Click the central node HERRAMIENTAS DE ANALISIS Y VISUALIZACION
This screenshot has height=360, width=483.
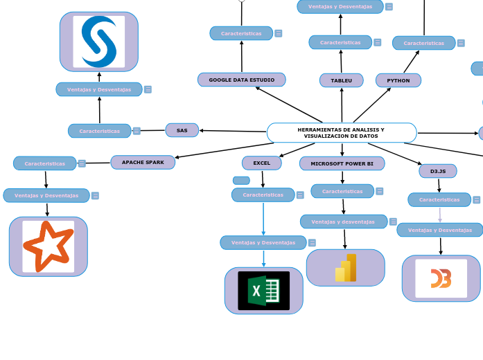click(341, 133)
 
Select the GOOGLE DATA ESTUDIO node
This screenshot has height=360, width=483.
click(241, 80)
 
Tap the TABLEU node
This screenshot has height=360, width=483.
click(341, 80)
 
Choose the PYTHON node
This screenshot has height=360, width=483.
click(398, 80)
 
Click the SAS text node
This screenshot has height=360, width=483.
click(182, 130)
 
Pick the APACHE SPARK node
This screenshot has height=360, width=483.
click(143, 162)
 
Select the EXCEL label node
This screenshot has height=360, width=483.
click(261, 163)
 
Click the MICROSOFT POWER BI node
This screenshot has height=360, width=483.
click(342, 163)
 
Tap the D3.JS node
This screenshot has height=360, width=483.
click(437, 171)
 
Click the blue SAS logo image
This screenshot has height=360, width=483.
click(99, 42)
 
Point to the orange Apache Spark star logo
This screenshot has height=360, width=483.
click(48, 246)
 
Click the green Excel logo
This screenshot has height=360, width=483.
click(263, 291)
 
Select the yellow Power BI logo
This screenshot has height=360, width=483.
click(345, 268)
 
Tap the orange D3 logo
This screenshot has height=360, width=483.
click(441, 278)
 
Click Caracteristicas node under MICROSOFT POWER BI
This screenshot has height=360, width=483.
click(342, 191)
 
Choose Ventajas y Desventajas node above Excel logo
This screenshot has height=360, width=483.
click(263, 242)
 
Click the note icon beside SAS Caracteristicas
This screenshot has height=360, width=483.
click(137, 131)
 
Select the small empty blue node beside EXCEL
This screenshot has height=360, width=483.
click(241, 181)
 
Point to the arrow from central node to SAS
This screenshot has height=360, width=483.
click(233, 131)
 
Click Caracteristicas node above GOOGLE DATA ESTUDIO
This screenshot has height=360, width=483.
click(241, 33)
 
